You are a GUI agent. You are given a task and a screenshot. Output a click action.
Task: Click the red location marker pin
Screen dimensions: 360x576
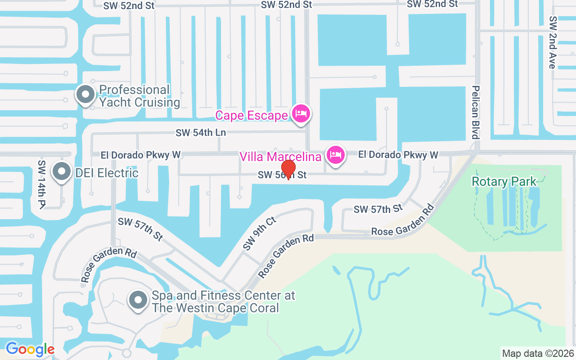(288, 169)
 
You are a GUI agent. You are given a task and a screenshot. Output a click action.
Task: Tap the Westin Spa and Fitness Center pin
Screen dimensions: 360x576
(138, 300)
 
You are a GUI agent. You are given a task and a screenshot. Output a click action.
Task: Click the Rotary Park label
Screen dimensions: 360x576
(504, 182)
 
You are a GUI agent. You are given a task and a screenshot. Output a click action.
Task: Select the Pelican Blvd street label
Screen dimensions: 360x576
(475, 112)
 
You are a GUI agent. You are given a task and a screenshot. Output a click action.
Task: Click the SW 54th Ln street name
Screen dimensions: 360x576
(201, 133)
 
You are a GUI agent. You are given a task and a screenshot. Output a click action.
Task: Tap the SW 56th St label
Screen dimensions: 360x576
(282, 175)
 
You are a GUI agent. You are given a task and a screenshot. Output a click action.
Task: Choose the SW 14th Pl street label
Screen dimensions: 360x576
(42, 184)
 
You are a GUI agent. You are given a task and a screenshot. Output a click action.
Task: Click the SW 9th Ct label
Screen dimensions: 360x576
(259, 233)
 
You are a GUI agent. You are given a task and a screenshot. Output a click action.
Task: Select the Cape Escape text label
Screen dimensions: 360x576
(252, 116)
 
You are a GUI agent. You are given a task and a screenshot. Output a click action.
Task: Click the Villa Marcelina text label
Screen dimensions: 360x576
(281, 157)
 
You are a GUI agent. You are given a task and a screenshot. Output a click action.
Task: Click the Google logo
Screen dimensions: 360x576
(30, 349)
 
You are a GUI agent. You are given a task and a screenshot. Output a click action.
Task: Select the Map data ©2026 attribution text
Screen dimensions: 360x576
(538, 353)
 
